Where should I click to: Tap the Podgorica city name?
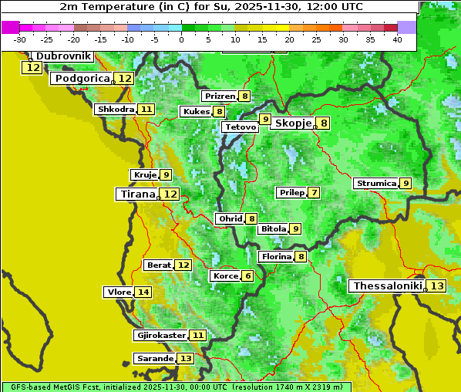[x=82, y=79]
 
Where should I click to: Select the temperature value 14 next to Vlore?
[x=143, y=292]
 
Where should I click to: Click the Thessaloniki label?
[x=388, y=286]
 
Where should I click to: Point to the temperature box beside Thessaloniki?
[x=437, y=286]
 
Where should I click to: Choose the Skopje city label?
[x=292, y=123]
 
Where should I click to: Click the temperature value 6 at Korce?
[x=247, y=276]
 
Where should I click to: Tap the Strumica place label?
[x=376, y=184]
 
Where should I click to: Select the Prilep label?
[x=291, y=192]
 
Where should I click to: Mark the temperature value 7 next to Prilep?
[x=314, y=192]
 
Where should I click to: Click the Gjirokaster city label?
[x=160, y=336]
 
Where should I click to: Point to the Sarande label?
[x=155, y=359]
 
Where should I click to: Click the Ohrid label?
[x=230, y=219]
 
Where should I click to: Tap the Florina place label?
[x=276, y=256]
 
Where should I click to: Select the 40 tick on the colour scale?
[x=397, y=39]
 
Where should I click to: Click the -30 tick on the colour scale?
[x=20, y=39]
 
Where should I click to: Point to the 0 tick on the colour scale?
[x=182, y=39]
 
